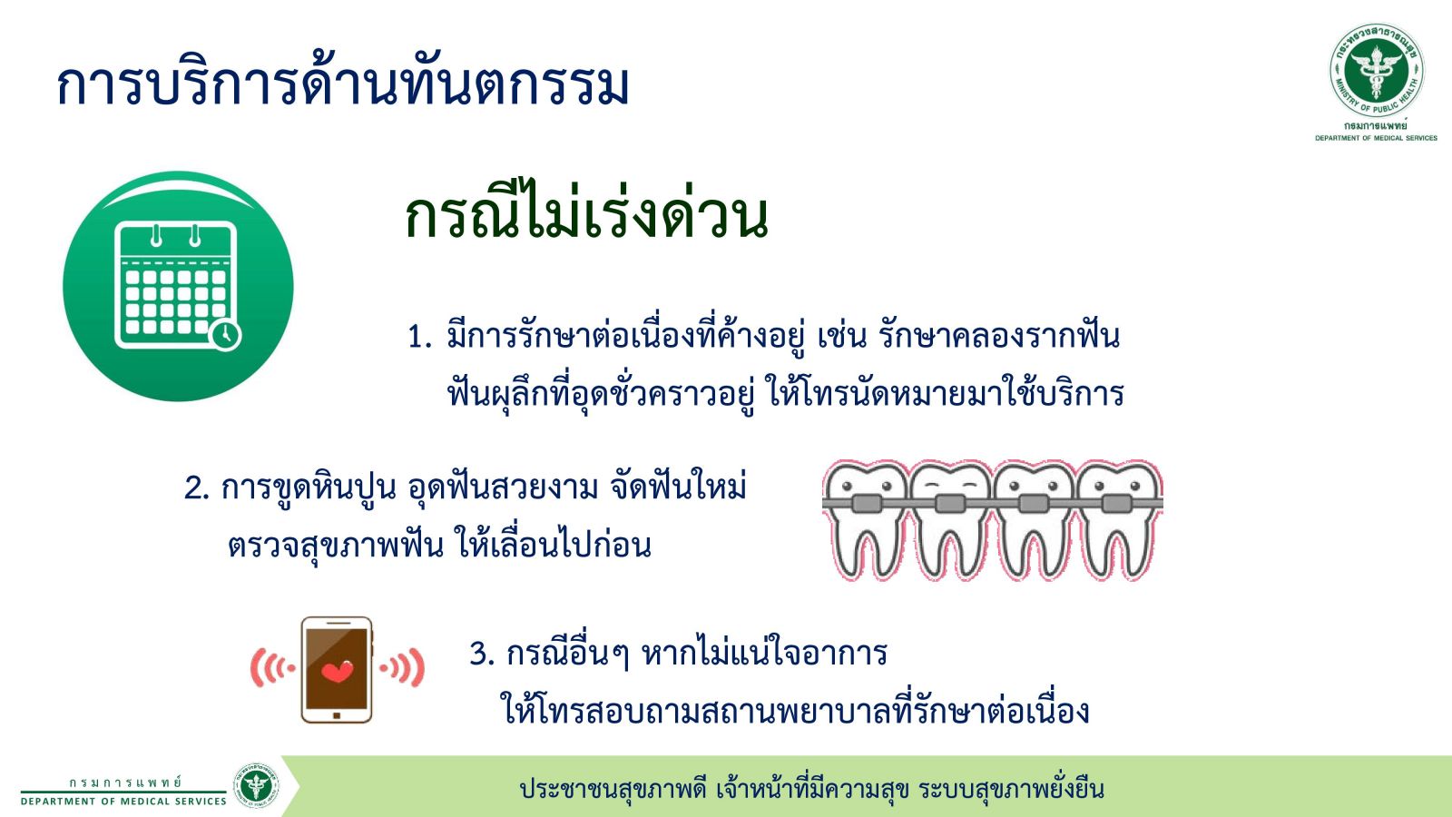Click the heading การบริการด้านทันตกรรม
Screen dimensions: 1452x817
[343, 84]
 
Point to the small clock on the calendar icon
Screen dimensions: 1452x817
[225, 335]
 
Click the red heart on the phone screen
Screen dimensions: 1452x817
[338, 671]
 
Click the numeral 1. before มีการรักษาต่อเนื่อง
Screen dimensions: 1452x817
[419, 337]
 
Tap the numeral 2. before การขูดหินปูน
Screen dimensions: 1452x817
[196, 487]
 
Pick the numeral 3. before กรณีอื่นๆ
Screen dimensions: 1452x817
[482, 654]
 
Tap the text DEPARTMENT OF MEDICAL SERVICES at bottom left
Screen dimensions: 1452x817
[123, 802]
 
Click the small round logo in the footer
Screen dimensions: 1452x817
[257, 785]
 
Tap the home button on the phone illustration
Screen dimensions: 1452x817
[337, 715]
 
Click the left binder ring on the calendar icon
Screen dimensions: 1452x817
[155, 235]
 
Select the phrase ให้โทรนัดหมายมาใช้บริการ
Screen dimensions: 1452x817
[945, 393]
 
